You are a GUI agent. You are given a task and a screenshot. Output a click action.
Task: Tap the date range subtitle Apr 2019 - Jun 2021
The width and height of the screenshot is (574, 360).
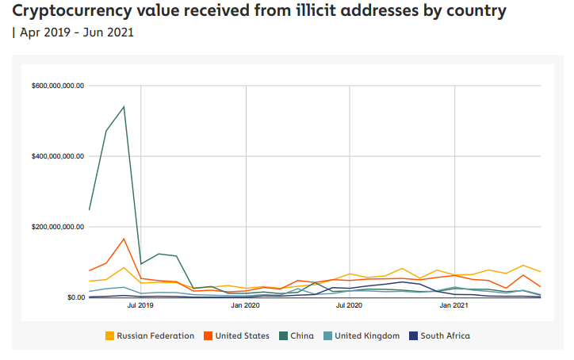point(76,33)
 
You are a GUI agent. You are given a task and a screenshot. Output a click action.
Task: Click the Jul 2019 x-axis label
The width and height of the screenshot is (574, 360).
point(141,304)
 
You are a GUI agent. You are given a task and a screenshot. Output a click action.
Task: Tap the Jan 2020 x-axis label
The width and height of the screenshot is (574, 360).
point(246,304)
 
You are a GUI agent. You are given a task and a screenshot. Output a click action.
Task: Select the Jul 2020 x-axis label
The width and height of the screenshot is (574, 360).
point(350,304)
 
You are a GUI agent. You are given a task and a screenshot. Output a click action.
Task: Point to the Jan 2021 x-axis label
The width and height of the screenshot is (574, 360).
point(454,304)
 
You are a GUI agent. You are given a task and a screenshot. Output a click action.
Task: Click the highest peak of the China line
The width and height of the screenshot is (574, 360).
point(124,106)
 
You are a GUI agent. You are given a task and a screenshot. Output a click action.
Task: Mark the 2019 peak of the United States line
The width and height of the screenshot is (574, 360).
point(124,238)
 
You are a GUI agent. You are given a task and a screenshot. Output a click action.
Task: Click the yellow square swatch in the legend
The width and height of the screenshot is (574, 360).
point(109,335)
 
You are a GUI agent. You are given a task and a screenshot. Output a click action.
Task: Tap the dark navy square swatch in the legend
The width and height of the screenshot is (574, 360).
point(413,335)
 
